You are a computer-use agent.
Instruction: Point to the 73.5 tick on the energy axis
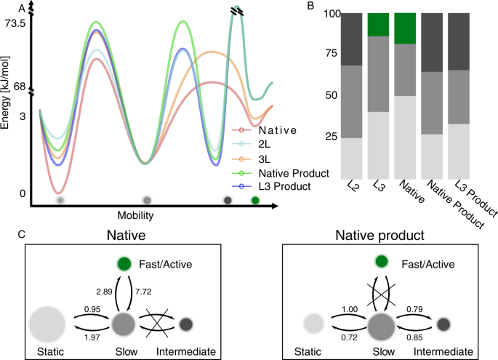pos(15,24)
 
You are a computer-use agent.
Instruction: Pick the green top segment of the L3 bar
pos(377,24)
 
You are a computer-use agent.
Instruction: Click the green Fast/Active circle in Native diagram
pos(123,263)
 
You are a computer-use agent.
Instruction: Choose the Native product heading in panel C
pos(376,236)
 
